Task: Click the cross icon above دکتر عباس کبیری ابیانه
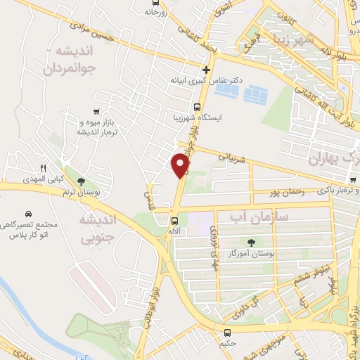click(x=205, y=70)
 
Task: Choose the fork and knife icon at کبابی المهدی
click(x=42, y=168)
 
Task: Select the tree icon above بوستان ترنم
click(x=82, y=182)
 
